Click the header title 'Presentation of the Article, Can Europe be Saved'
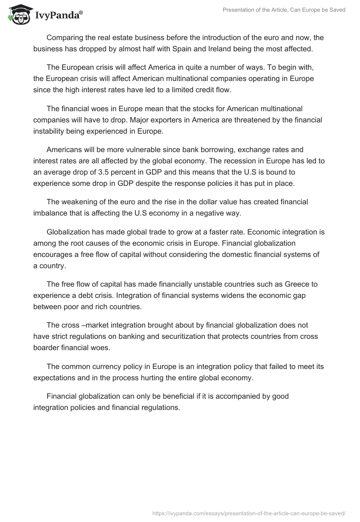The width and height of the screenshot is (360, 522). point(284,10)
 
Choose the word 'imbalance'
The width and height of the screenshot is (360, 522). point(50,214)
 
